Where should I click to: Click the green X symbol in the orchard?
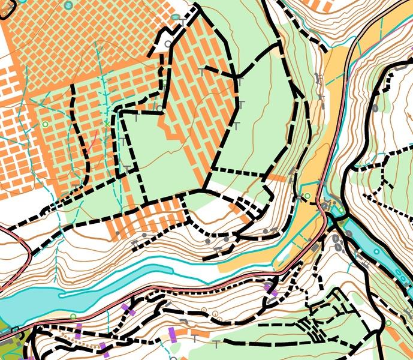pyautogui.click(x=106, y=124)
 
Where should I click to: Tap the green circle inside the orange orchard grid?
pyautogui.click(x=45, y=124)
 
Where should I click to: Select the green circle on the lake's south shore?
pyautogui.click(x=73, y=316)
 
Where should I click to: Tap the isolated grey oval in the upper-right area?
pyautogui.click(x=375, y=109)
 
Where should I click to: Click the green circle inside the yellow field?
pyautogui.click(x=308, y=196)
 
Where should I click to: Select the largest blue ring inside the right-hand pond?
pyautogui.click(x=376, y=251)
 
